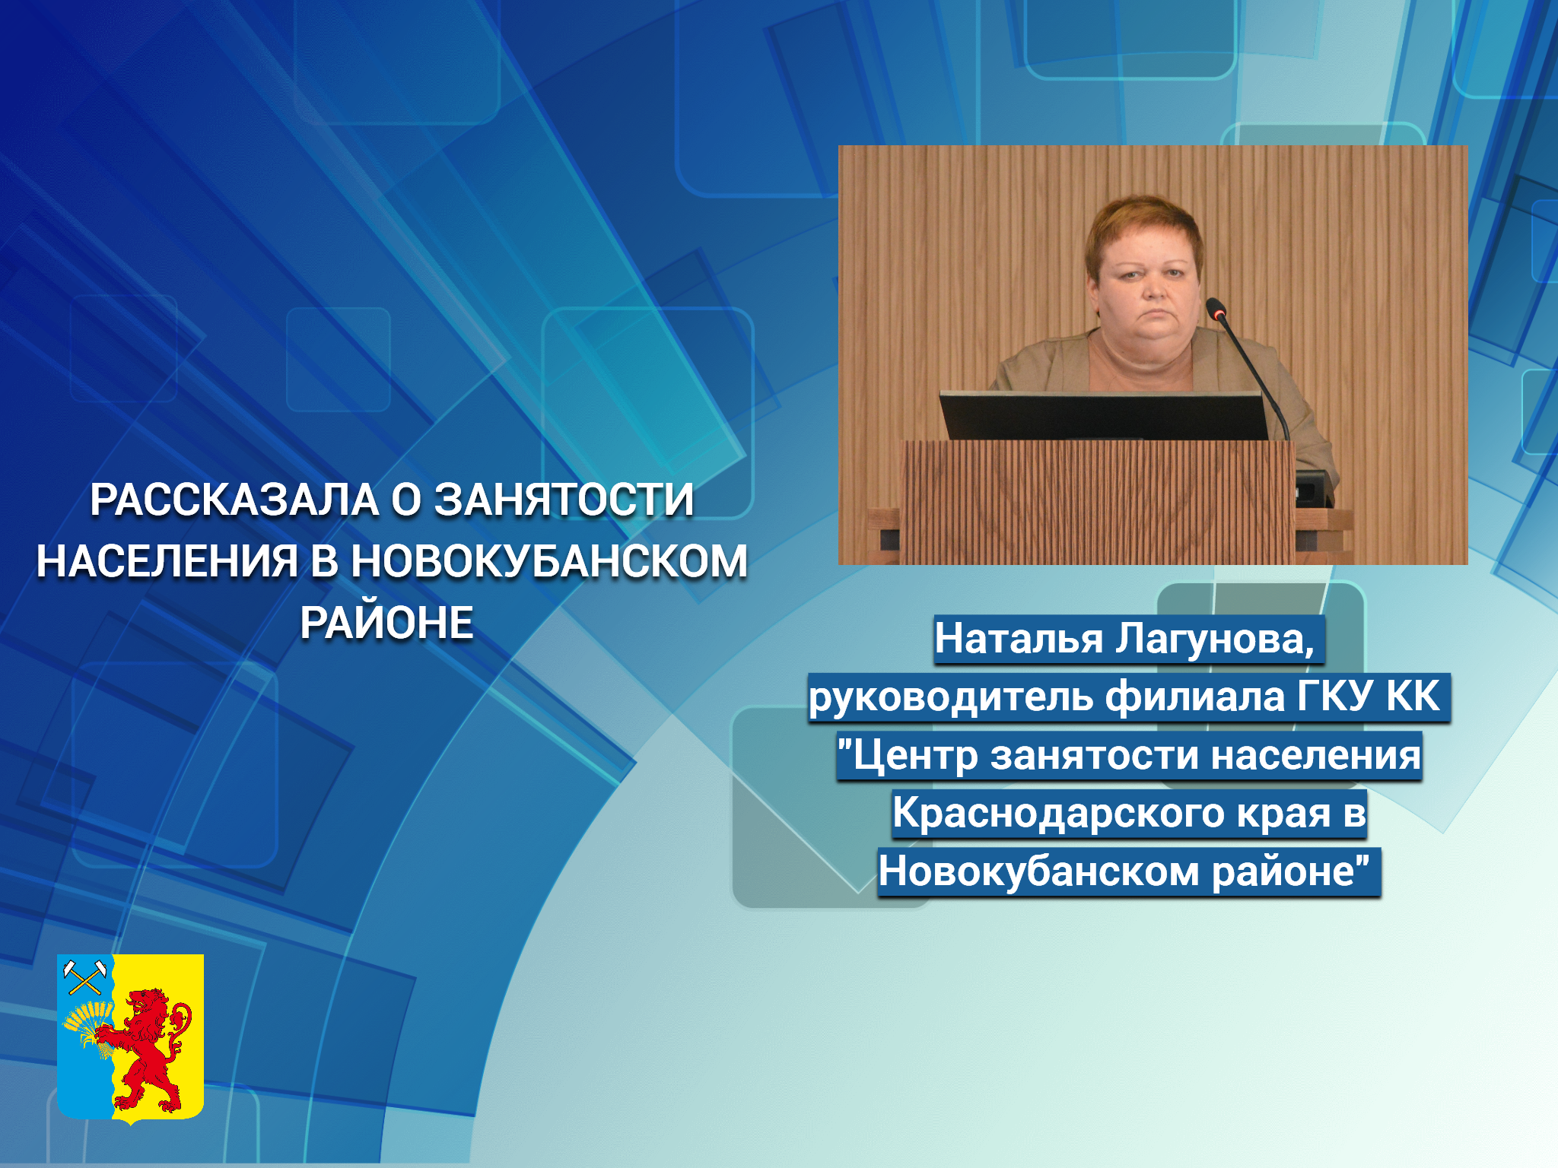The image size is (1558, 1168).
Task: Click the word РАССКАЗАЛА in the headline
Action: (x=234, y=500)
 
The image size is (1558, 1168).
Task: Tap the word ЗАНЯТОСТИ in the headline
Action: (x=564, y=500)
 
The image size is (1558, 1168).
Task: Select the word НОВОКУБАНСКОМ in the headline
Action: (x=549, y=561)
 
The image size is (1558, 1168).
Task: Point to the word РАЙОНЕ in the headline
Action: (x=387, y=623)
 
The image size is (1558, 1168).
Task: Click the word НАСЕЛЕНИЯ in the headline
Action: (x=167, y=563)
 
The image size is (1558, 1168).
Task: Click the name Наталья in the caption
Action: (x=1019, y=638)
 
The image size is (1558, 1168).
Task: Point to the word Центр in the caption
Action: (x=915, y=756)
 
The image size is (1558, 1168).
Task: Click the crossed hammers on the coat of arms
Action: (x=86, y=978)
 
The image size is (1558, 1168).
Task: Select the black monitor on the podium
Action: (x=1104, y=416)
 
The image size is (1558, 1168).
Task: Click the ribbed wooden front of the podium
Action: (x=1097, y=502)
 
